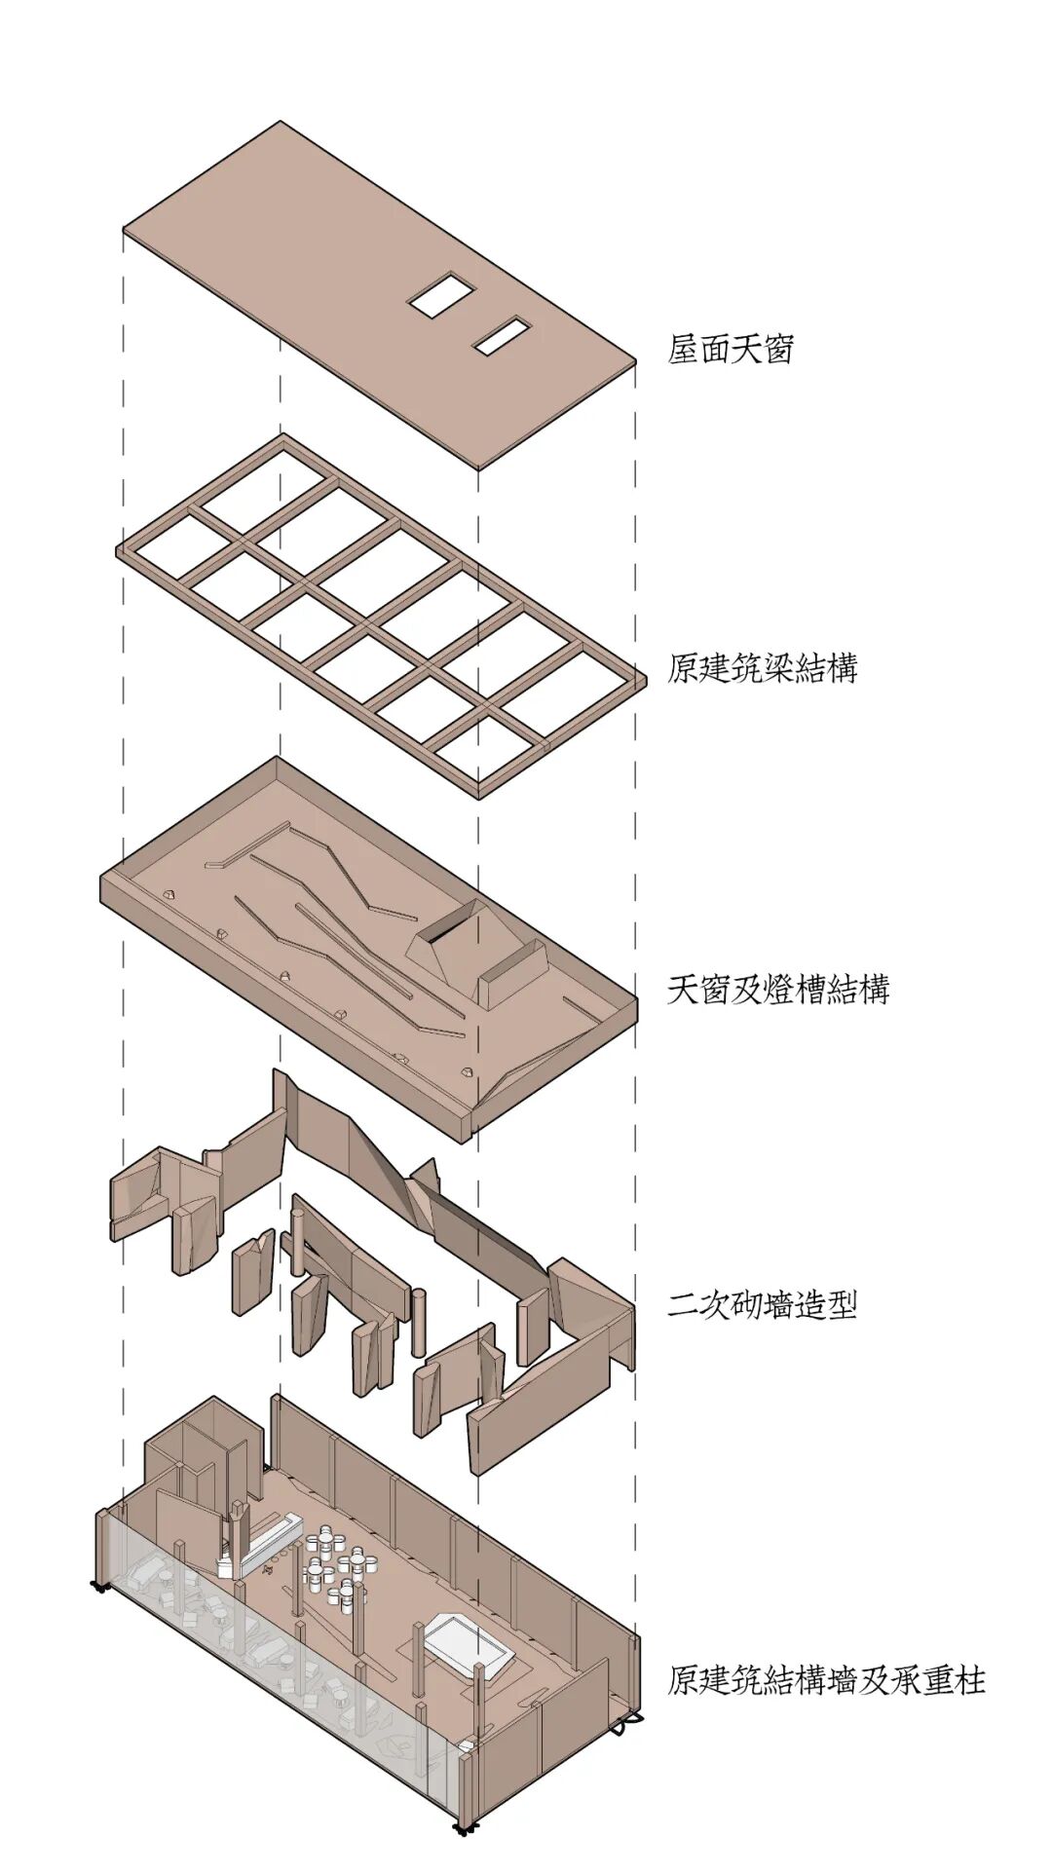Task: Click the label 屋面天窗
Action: pyautogui.click(x=731, y=349)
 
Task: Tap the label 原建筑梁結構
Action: pyautogui.click(x=762, y=668)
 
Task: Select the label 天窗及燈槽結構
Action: pyautogui.click(x=777, y=990)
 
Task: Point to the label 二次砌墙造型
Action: pyautogui.click(x=762, y=1304)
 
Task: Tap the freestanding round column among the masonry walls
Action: pyautogui.click(x=419, y=1321)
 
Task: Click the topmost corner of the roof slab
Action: pyautogui.click(x=282, y=122)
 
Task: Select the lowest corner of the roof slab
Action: pyautogui.click(x=478, y=469)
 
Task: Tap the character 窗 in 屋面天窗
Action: pyautogui.click(x=778, y=349)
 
